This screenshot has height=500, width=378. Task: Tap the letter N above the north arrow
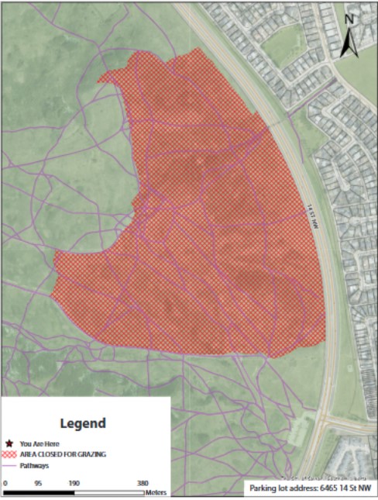tap(349, 19)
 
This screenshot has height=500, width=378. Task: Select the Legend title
tap(83, 423)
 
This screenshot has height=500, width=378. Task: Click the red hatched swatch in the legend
tap(9, 455)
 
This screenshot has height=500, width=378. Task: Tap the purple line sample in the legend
tap(9, 465)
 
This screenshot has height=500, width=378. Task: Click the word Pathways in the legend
tap(35, 465)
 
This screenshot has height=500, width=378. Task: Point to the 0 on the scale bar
tap(5, 481)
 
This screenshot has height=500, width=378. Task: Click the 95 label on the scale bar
tap(39, 481)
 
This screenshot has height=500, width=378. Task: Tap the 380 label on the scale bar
tap(143, 481)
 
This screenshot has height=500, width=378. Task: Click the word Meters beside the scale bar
tap(156, 492)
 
